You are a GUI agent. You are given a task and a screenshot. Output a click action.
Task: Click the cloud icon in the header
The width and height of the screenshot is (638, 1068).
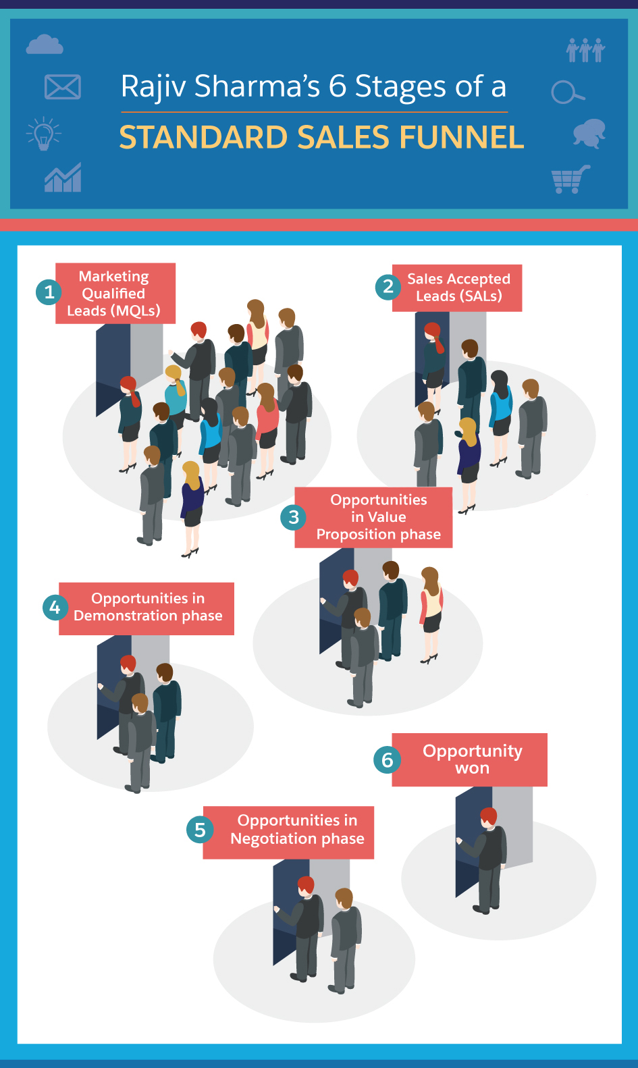click(x=45, y=45)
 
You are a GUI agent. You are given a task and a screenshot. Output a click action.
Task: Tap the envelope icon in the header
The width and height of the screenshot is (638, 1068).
click(x=63, y=87)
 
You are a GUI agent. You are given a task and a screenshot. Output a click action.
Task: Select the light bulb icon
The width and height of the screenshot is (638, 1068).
click(x=44, y=133)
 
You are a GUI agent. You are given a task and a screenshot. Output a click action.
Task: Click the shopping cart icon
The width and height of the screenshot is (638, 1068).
click(x=570, y=180)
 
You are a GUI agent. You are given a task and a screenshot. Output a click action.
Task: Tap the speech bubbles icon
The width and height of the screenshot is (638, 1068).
click(x=589, y=133)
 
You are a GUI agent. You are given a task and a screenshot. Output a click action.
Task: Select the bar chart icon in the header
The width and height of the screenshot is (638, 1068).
click(x=63, y=178)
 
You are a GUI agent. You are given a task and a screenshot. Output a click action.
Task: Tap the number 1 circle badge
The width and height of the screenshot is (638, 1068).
click(x=49, y=292)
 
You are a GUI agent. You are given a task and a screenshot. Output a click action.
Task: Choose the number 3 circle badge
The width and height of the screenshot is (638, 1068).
click(x=293, y=517)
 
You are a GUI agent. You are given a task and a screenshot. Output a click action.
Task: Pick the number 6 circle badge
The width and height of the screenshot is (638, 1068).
click(x=387, y=760)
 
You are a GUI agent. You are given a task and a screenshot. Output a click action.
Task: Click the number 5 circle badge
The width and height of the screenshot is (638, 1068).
click(x=200, y=830)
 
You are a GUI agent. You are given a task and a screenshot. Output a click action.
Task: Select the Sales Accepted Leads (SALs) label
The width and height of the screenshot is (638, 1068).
click(x=458, y=288)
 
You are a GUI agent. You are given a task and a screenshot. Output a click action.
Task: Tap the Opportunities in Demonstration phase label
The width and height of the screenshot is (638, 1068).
click(x=147, y=608)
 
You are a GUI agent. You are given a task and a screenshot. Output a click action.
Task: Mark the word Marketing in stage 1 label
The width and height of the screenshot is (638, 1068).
click(x=113, y=276)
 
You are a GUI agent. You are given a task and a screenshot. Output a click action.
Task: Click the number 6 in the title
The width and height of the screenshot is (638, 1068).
click(x=338, y=86)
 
